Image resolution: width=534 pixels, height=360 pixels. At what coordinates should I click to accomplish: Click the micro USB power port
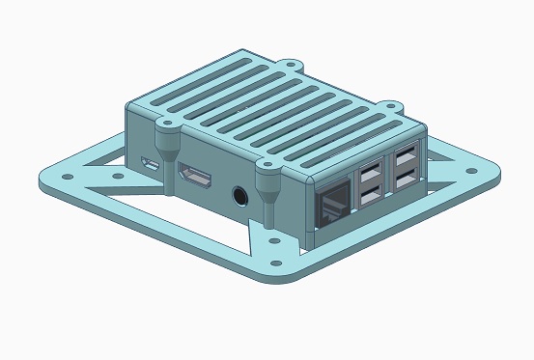150,165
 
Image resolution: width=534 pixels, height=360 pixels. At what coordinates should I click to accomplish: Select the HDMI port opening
197,178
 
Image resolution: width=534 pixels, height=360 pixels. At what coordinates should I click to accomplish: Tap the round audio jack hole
239,197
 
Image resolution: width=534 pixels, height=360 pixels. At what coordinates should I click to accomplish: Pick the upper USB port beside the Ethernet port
369,177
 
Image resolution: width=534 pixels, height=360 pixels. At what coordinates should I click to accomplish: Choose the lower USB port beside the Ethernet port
369,198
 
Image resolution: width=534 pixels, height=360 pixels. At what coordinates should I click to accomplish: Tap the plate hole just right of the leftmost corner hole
118,177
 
